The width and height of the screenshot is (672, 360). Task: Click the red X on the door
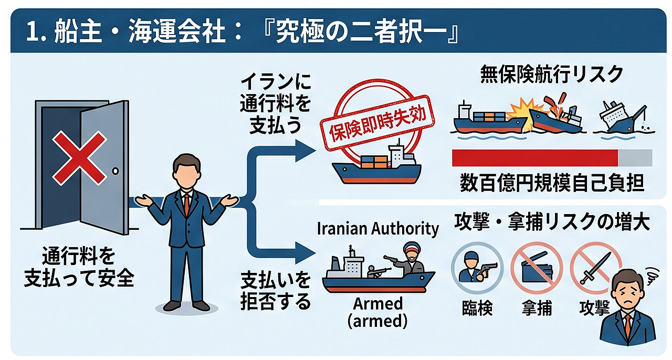tap(79, 158)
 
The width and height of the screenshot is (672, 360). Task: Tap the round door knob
tap(115, 171)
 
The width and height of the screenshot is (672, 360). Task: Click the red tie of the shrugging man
tap(186, 204)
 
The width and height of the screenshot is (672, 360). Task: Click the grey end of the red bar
tap(635, 158)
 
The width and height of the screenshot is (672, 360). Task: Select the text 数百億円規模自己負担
tap(552, 183)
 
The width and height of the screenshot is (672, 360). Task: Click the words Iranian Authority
tap(377, 229)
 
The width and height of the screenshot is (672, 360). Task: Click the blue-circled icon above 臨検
tap(477, 268)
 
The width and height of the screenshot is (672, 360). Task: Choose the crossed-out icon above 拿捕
tap(537, 268)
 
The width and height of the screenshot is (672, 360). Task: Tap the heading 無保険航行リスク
tap(551, 74)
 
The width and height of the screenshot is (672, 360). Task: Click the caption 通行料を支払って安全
tap(79, 267)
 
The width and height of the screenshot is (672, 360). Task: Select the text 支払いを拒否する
tap(276, 290)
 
